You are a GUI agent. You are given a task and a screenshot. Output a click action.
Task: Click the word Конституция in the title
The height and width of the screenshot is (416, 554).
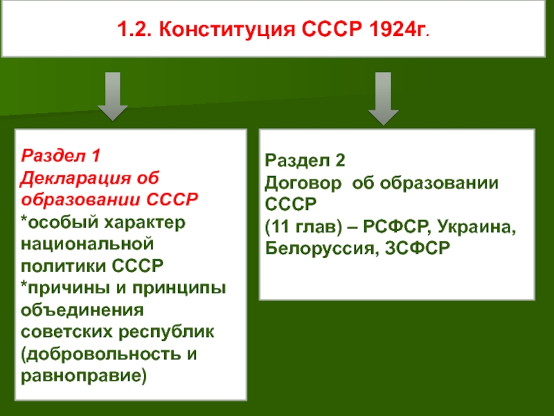coord(227,29)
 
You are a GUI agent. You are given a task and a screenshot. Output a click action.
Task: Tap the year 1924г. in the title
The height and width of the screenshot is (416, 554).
coord(399,29)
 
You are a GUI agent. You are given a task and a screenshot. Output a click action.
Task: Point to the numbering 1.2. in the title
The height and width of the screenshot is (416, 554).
coord(134,29)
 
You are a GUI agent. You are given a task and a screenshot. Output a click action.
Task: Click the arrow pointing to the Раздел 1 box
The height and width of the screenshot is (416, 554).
coord(113,96)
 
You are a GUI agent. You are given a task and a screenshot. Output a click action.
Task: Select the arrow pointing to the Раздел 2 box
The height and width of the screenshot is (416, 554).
coord(384,98)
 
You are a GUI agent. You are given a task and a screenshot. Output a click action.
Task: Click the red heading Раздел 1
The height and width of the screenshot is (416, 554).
coord(61,155)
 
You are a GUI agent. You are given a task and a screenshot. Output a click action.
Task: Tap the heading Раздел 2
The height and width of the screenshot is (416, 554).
coord(305,160)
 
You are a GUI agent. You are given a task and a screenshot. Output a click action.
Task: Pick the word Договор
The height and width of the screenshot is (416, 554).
coord(303,183)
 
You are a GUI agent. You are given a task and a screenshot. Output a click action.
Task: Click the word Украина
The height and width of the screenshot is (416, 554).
coord(477,227)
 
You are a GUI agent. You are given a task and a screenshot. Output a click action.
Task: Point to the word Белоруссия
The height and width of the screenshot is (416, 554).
coord(319,248)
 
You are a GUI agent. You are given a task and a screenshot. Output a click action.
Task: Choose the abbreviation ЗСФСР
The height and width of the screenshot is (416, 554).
coord(418,248)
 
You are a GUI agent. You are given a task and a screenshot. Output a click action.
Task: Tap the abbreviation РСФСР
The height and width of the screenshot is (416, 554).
coord(397,227)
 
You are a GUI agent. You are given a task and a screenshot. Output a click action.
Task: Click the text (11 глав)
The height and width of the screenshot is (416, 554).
coord(303,227)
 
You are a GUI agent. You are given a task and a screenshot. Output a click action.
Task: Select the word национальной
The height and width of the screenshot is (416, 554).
coord(87,244)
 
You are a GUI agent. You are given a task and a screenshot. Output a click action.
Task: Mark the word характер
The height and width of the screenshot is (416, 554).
coord(145,223)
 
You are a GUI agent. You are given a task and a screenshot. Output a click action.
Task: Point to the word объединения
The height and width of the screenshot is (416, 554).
coord(82,311)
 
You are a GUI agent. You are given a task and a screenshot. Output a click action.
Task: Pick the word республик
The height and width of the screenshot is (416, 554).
coord(166,333)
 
